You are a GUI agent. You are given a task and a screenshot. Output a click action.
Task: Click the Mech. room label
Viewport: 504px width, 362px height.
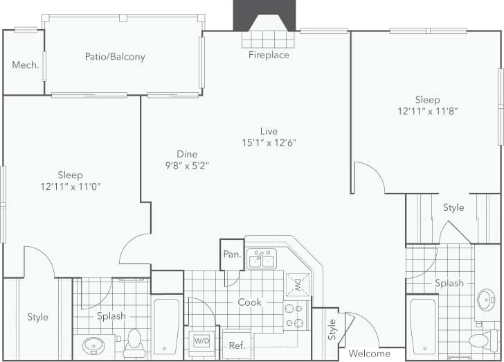coord(25,65)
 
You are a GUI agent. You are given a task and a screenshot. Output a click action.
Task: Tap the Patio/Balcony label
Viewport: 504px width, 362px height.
coord(115,57)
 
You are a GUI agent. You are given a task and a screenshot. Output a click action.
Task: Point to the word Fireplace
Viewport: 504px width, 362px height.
coord(269,55)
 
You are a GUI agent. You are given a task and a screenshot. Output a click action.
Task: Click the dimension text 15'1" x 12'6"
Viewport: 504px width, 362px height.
coord(269,143)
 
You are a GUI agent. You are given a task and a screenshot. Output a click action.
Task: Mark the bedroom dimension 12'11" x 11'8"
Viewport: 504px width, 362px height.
coord(427,111)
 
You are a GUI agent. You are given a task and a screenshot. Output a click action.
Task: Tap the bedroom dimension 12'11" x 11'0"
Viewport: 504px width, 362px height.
coord(71,187)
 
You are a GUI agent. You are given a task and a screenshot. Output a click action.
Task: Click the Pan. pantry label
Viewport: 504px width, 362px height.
coord(232,255)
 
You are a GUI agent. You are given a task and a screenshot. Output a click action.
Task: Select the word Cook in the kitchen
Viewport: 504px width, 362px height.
coord(249,302)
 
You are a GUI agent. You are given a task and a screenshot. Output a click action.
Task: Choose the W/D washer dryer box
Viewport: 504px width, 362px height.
coord(201,341)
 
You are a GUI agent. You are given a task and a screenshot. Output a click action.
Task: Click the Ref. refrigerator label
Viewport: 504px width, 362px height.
coord(237,345)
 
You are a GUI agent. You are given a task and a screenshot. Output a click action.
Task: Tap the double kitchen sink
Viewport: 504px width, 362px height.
coord(262,259)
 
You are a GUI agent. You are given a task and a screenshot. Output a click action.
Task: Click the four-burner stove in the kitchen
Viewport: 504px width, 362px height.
coord(294,316)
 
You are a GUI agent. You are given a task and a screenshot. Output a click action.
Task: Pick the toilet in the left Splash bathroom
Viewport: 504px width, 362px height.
coord(134,341)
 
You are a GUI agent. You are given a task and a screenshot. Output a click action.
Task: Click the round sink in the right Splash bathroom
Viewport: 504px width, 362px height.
coord(487,300)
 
